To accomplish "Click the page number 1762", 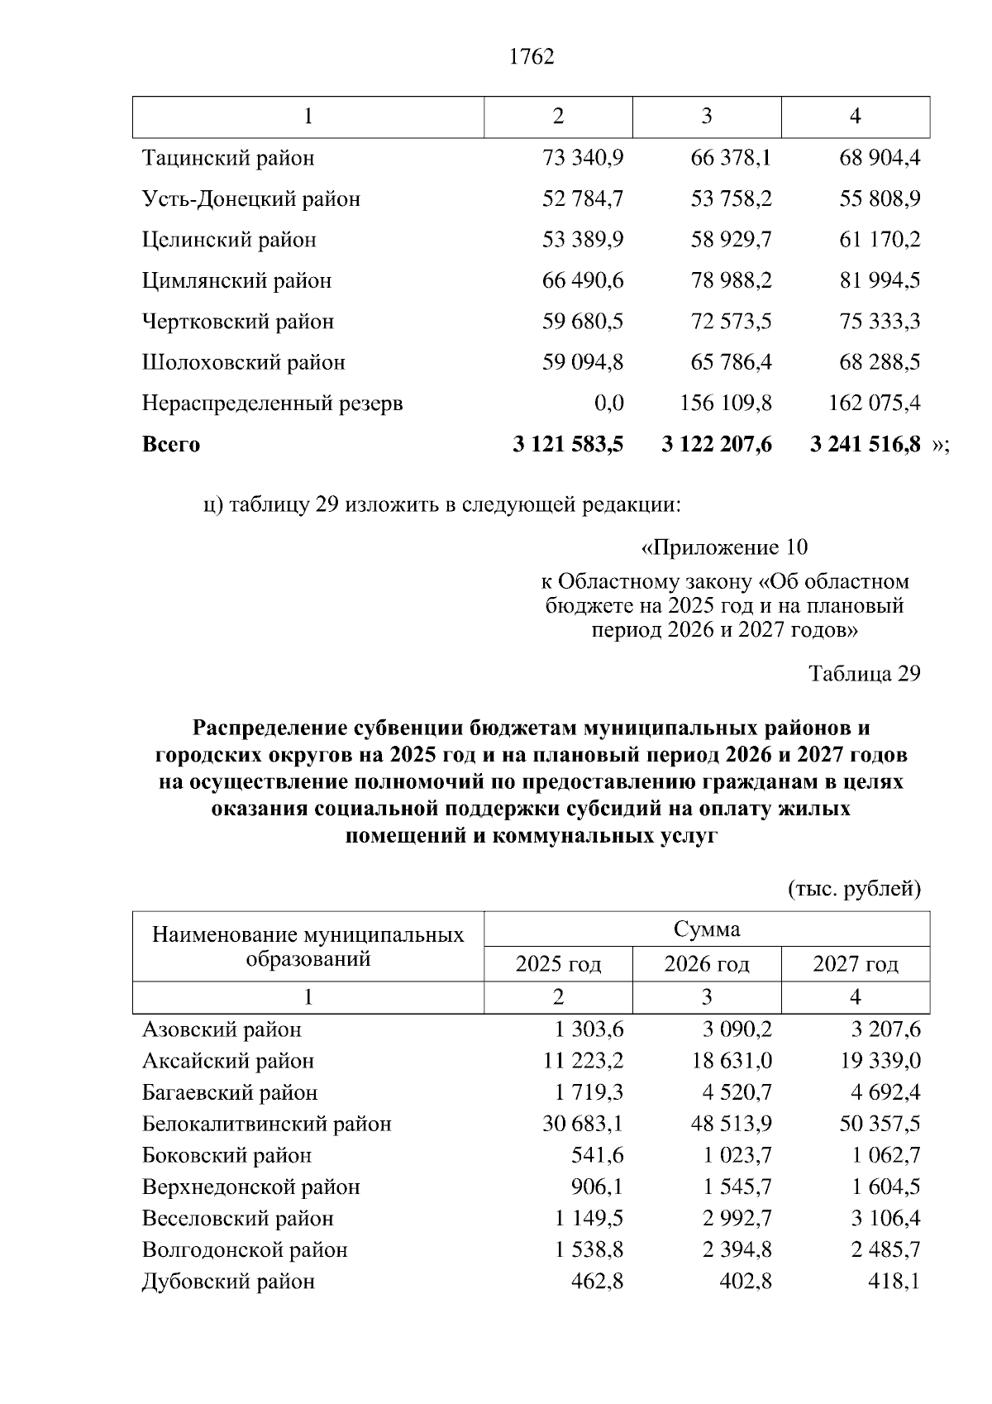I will tap(532, 57).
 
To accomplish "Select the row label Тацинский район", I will tap(228, 158).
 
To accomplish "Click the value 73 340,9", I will tap(583, 158).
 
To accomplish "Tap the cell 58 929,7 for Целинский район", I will tap(731, 240).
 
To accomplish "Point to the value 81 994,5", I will tap(880, 280).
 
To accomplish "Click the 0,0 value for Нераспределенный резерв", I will tap(608, 404).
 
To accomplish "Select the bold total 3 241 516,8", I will tap(865, 445).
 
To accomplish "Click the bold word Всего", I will tap(171, 445).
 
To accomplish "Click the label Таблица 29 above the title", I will tap(865, 674).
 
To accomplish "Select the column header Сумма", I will tap(707, 929).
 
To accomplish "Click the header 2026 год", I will tap(707, 964).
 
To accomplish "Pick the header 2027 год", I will tap(856, 964).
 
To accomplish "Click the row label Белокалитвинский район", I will tap(267, 1125).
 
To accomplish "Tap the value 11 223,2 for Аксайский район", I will tap(583, 1062).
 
